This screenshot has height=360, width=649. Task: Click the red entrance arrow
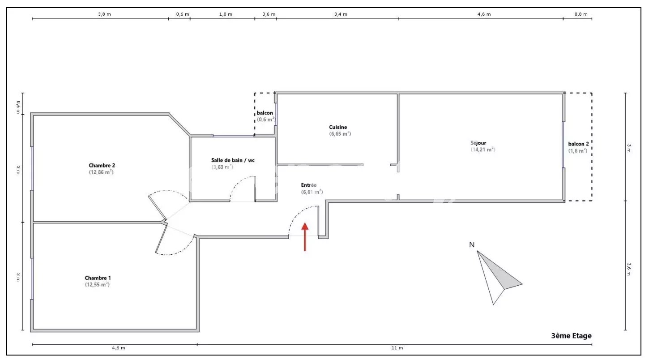coord(305,236)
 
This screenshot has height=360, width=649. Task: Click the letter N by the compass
coord(472,244)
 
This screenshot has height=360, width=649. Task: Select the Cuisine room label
coord(338,127)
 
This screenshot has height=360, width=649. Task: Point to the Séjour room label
coord(478,142)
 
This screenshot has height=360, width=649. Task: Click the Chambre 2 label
coord(102,165)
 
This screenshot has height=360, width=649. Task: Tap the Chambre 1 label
coord(98,278)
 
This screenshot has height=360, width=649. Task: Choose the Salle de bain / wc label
coord(233,160)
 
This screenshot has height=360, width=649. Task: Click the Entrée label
coord(308,185)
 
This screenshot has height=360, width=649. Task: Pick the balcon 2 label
coord(578,144)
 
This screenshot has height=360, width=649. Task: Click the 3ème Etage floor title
coord(572,336)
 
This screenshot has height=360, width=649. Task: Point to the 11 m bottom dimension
coord(397,348)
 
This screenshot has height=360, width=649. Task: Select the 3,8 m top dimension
coord(104,14)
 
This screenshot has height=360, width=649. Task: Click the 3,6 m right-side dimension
coord(629,269)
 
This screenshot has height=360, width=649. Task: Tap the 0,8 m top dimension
coord(581,14)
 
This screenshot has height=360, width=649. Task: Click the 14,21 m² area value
coord(482,150)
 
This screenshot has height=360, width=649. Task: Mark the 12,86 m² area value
coord(101,172)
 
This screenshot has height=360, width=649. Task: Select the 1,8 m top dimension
coord(226,14)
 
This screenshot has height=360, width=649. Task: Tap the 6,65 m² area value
coord(340,134)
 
